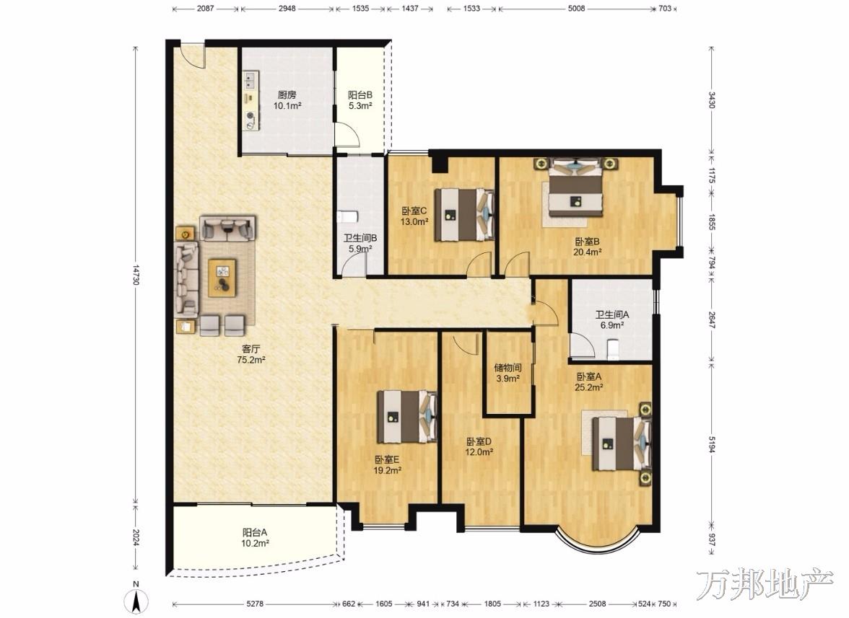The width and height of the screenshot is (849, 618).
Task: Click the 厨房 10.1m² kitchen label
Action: [x=287, y=100]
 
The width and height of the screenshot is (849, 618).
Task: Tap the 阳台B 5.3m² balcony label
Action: [x=360, y=100]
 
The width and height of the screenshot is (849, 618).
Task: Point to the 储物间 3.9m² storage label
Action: [x=508, y=373]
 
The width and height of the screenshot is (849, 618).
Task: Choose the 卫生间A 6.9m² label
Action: [x=612, y=319]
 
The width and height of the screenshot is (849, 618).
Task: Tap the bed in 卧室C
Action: [x=466, y=214]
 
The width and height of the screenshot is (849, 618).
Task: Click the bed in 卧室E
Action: [x=407, y=416]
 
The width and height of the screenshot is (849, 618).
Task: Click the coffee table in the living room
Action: [x=222, y=278]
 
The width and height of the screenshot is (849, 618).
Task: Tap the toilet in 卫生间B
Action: [x=347, y=217]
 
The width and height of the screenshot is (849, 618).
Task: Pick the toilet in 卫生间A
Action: [x=614, y=349]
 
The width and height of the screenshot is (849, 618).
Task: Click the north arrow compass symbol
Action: [x=137, y=599]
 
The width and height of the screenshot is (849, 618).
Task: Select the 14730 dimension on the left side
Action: [x=136, y=274]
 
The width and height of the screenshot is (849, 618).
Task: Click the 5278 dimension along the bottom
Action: [x=254, y=604]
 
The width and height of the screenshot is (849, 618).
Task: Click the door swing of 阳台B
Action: [x=347, y=135]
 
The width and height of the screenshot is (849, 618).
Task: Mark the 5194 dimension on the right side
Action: [x=712, y=441]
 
